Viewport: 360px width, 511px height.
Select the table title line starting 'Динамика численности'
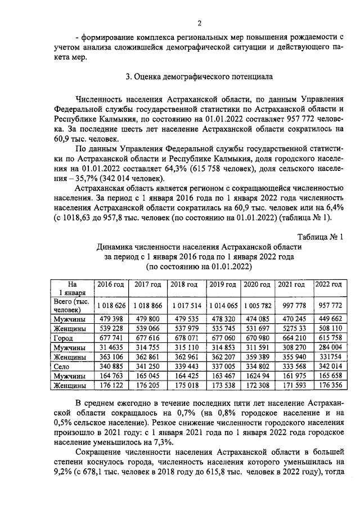point(199,246)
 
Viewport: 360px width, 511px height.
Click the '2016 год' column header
point(111,284)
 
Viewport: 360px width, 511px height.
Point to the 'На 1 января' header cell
point(72,288)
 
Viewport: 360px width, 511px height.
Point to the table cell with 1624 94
point(257,376)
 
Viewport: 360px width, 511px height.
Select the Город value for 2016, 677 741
point(111,338)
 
